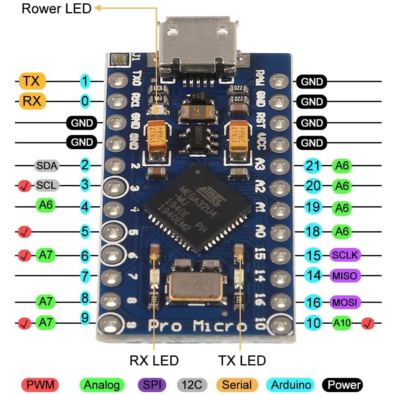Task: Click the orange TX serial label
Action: tap(32, 81)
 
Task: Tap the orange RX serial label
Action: tap(32, 101)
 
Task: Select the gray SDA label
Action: tap(46, 165)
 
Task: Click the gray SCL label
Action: tap(46, 185)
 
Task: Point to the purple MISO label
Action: tap(345, 275)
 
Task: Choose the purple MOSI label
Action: tap(345, 302)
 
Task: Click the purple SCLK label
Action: tap(345, 255)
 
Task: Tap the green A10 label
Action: tap(342, 322)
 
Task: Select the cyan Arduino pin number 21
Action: tap(313, 166)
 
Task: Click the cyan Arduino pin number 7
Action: tap(85, 275)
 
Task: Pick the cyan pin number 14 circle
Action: tap(314, 275)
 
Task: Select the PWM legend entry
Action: tap(40, 385)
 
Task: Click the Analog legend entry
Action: tap(102, 385)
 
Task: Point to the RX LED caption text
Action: tap(154, 360)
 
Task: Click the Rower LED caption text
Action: tap(57, 8)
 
